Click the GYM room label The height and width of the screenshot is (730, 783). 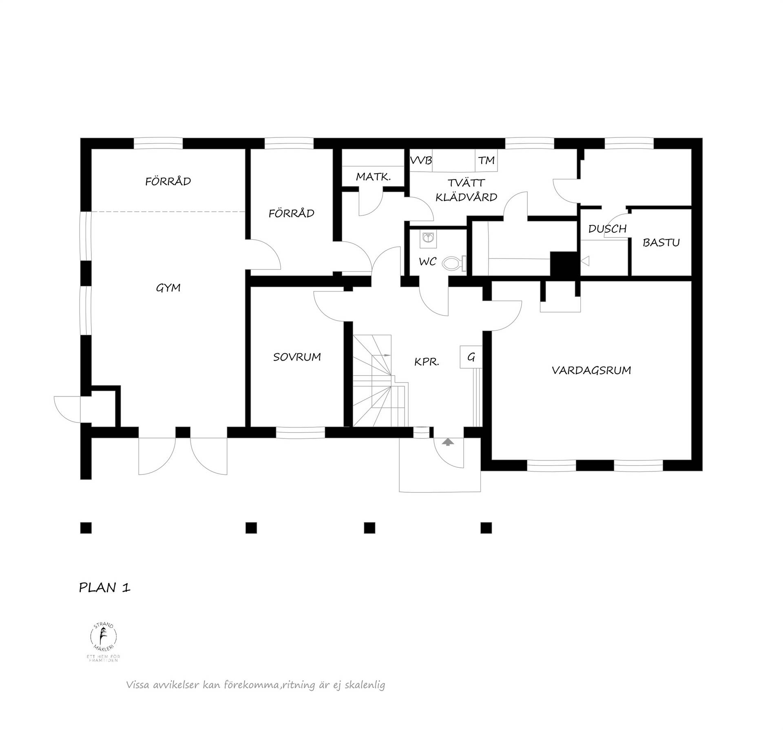coord(168,288)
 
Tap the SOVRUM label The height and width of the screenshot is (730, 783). coord(297,357)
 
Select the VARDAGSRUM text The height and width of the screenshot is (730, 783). coord(591,370)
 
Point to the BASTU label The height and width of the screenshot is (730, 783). coord(661,243)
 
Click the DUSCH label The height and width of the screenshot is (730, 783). coord(607,229)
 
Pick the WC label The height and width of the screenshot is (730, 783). coord(427,262)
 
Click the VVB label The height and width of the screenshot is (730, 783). coord(421,160)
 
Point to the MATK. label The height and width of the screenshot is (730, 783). coord(374,177)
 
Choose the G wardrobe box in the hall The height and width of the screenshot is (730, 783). coord(471,357)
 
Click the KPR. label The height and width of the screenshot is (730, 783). coord(427,362)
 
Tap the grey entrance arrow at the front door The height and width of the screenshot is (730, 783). coord(448,442)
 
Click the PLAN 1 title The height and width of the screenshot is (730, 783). coord(105,588)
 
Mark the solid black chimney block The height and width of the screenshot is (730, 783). coord(564,264)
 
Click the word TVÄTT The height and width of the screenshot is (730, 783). coord(466,183)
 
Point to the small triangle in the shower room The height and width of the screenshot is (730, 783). coord(585,261)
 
